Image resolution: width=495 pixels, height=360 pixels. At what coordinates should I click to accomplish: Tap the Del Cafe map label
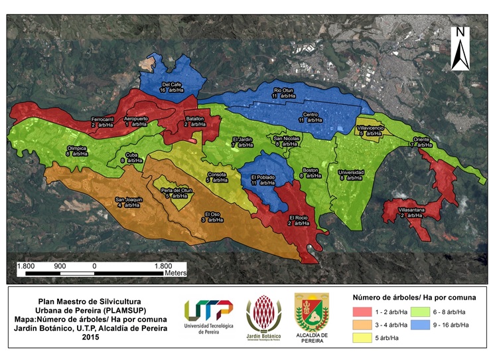pos(172,88)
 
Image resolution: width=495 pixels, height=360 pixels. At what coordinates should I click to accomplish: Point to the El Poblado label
pos(263,180)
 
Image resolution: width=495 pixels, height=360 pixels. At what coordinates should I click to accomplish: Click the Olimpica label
pos(78,151)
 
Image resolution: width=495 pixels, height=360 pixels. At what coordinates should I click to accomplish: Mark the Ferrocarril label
pos(103,122)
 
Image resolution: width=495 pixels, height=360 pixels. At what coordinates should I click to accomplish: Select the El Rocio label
pos(299,221)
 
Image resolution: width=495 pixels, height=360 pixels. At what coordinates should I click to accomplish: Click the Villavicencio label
pos(371,130)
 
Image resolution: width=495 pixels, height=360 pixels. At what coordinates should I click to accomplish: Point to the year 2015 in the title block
pos(89,338)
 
